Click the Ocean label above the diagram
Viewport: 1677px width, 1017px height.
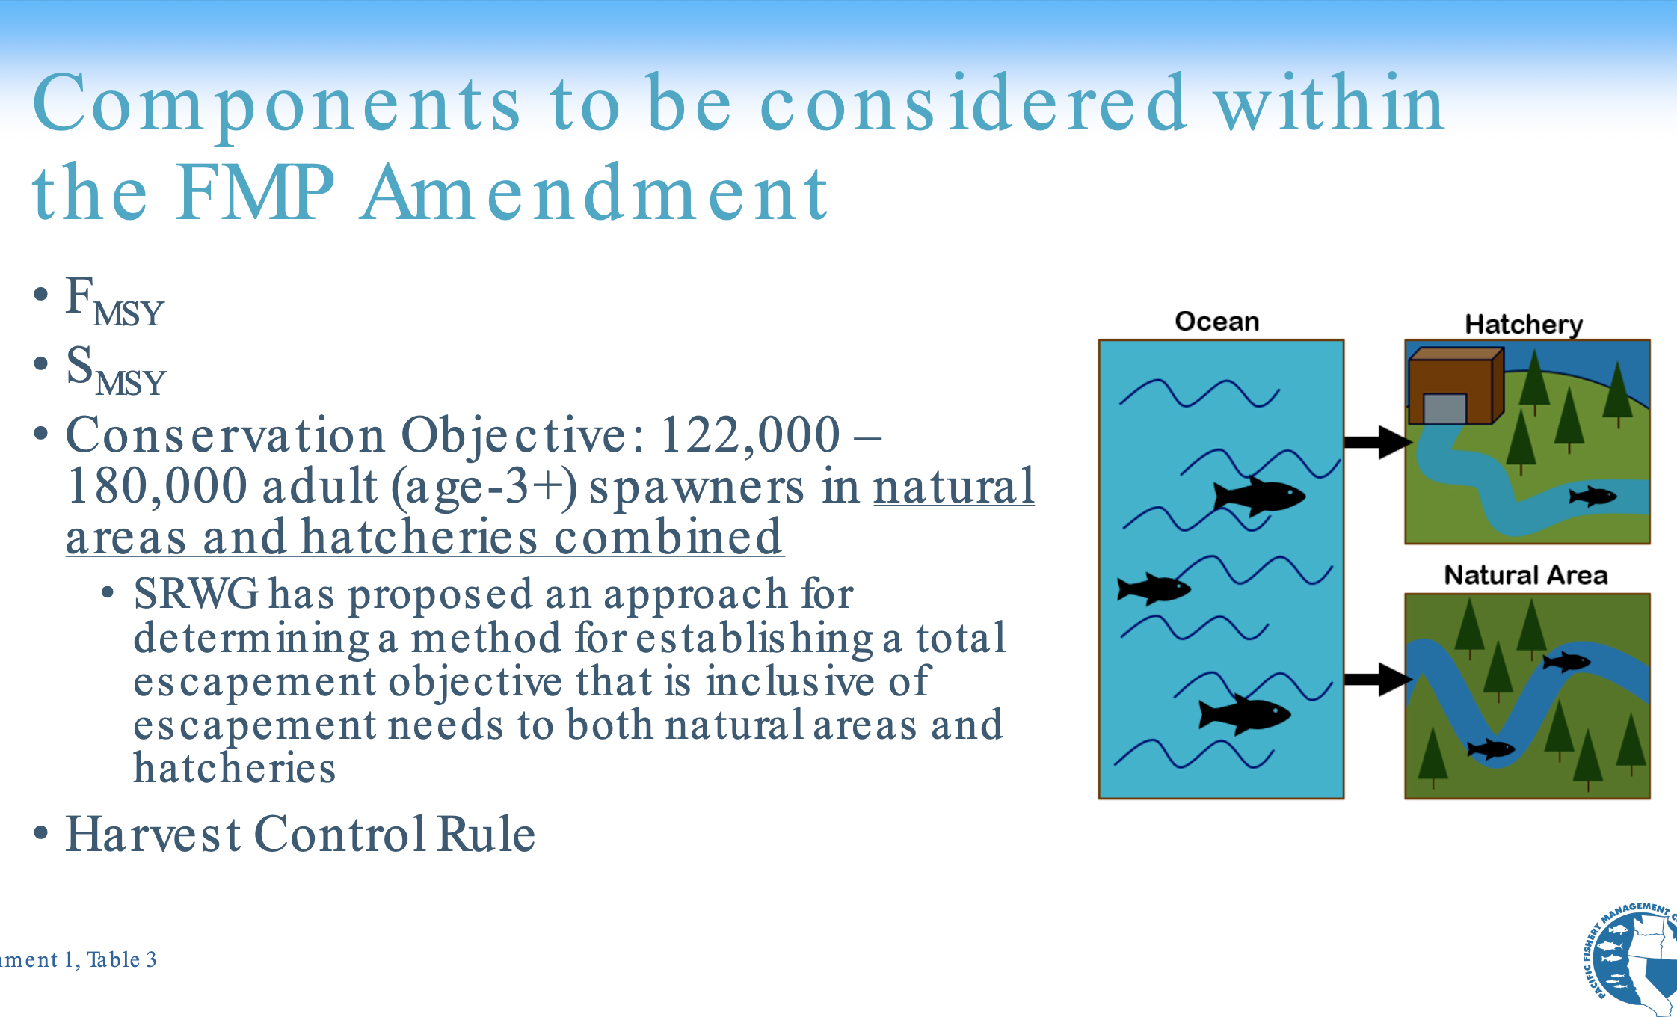pyautogui.click(x=1216, y=321)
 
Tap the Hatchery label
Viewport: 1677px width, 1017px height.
pyautogui.click(x=1524, y=325)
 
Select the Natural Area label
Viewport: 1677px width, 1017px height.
pyautogui.click(x=1525, y=575)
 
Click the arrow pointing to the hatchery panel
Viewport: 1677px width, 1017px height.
pyautogui.click(x=1378, y=442)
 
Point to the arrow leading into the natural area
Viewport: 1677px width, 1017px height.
pyautogui.click(x=1378, y=679)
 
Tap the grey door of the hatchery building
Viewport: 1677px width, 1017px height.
pyautogui.click(x=1444, y=408)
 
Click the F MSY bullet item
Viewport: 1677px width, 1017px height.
pyautogui.click(x=114, y=301)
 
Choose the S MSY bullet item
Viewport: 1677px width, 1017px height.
pyautogui.click(x=116, y=369)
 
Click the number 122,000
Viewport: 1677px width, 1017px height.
pyautogui.click(x=751, y=434)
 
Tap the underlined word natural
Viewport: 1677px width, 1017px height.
pyautogui.click(x=954, y=487)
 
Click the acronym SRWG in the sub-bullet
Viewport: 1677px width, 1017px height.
pyautogui.click(x=196, y=594)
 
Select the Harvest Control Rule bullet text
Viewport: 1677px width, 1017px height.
pyautogui.click(x=301, y=834)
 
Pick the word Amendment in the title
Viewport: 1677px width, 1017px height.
pyautogui.click(x=594, y=192)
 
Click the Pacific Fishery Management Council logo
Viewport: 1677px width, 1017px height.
pyautogui.click(x=1630, y=959)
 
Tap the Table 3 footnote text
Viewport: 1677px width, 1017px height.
pyautogui.click(x=122, y=959)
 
